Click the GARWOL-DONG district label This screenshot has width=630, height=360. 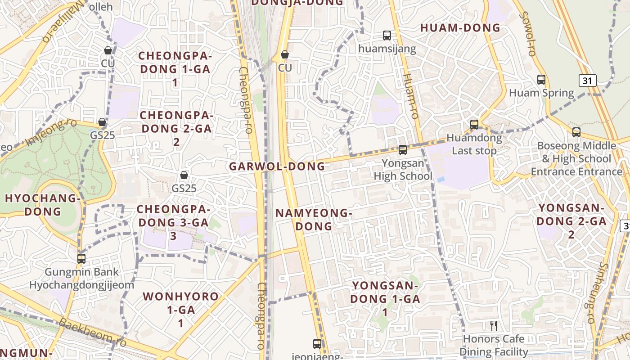(x=277, y=166)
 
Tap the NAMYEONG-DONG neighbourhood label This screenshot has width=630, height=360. (x=314, y=219)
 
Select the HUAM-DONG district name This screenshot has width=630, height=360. (x=460, y=27)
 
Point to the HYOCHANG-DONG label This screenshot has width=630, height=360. (x=43, y=205)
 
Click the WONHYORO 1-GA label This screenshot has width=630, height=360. (x=180, y=303)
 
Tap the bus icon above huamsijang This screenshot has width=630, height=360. (x=387, y=36)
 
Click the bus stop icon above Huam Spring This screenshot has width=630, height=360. (x=541, y=80)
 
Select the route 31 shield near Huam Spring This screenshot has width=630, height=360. (x=587, y=81)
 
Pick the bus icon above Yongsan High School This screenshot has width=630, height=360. (x=403, y=149)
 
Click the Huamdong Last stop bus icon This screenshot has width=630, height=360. (x=474, y=124)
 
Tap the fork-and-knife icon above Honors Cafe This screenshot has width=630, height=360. (x=494, y=325)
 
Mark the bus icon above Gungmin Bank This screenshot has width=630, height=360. (x=81, y=258)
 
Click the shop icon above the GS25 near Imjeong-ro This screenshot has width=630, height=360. (x=102, y=122)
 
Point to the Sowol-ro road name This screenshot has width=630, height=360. (x=526, y=33)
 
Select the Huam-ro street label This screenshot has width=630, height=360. (x=410, y=96)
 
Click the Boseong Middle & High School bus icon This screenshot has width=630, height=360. (x=576, y=132)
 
